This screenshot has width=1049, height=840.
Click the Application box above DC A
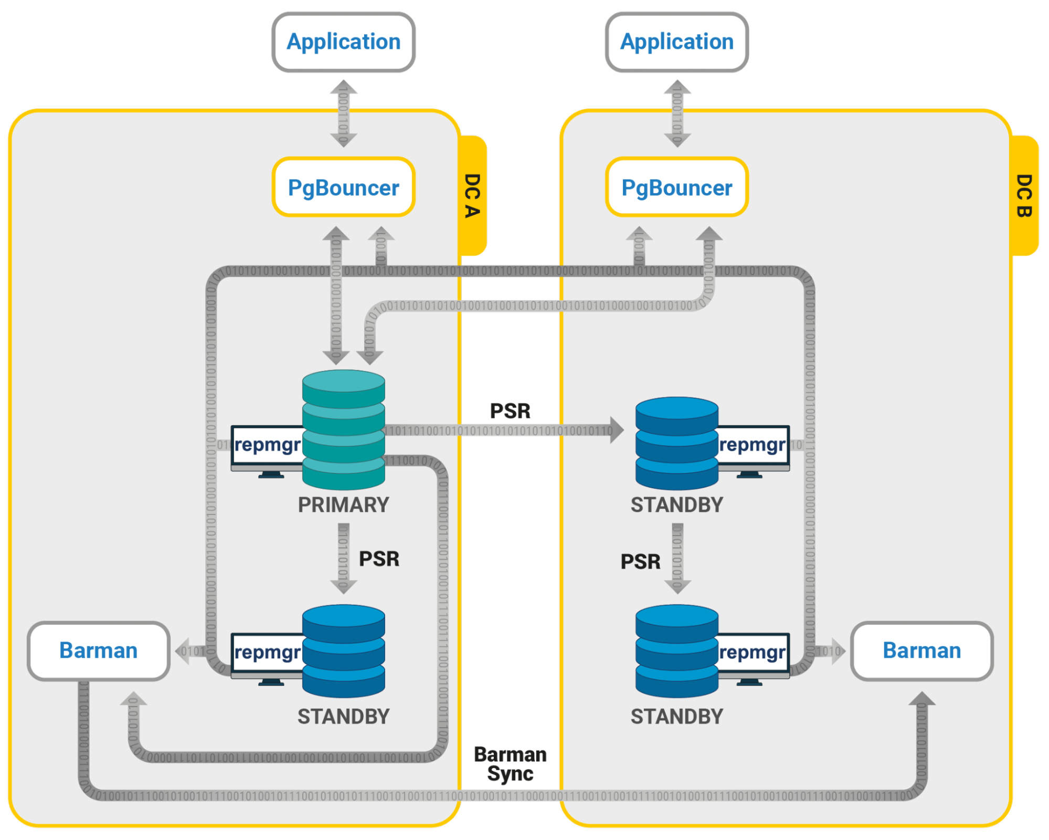tap(344, 42)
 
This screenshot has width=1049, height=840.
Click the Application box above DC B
tap(677, 42)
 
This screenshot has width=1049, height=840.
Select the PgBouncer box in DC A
tap(344, 187)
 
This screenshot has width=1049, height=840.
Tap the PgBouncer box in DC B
tap(677, 187)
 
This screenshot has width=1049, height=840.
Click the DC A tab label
tap(473, 195)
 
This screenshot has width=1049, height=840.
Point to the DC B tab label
tap(1025, 195)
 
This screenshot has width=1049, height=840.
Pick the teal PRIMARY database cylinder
tap(344, 429)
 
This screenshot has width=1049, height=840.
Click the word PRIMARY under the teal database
tap(344, 505)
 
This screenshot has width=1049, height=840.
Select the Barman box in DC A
tap(99, 651)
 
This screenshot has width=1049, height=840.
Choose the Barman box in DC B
tap(922, 651)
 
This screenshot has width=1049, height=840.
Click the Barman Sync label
tap(510, 764)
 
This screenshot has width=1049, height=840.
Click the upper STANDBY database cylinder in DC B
tap(677, 444)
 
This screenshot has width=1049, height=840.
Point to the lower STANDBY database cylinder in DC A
tap(344, 651)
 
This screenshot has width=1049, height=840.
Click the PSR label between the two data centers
tap(510, 411)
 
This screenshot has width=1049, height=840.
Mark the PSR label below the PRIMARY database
tap(379, 559)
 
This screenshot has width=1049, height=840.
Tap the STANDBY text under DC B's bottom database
tap(677, 717)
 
